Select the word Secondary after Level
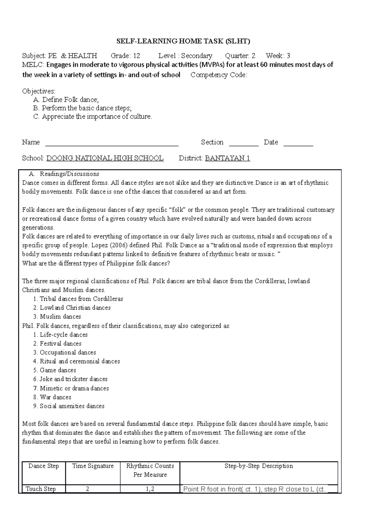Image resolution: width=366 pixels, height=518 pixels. pyautogui.click(x=197, y=56)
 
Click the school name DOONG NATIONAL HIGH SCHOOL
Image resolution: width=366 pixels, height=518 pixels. pyautogui.click(x=105, y=158)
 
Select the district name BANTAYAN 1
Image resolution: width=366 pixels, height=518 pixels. pyautogui.click(x=228, y=158)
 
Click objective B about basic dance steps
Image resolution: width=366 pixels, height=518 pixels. pyautogui.click(x=87, y=108)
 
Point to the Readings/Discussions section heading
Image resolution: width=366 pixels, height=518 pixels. pyautogui.click(x=70, y=174)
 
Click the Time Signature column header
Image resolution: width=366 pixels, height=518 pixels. pyautogui.click(x=93, y=466)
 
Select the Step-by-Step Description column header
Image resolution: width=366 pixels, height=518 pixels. pyautogui.click(x=259, y=466)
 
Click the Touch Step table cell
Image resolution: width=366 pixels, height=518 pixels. pyautogui.click(x=41, y=489)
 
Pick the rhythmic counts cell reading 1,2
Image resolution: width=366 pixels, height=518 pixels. pyautogui.click(x=150, y=489)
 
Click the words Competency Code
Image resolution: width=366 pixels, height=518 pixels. pyautogui.click(x=218, y=75)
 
